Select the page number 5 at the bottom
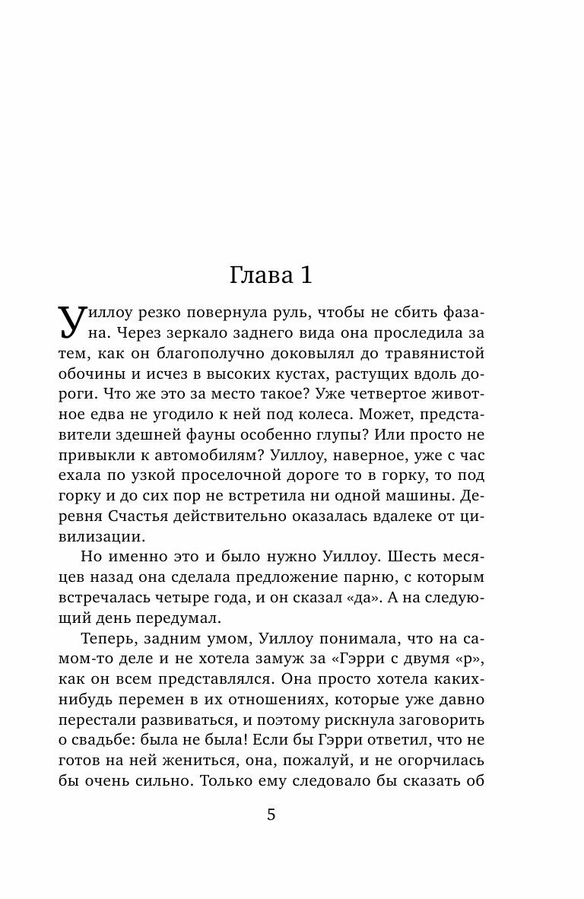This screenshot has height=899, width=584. click(271, 815)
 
